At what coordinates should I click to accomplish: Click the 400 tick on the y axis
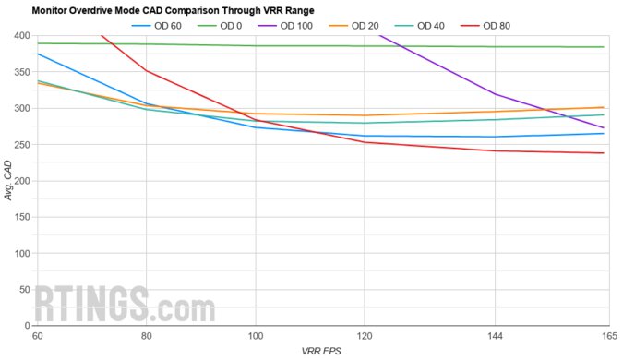click(20, 36)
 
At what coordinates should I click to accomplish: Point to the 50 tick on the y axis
click(23, 290)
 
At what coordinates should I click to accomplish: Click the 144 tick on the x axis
click(497, 336)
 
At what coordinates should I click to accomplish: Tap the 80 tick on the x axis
click(147, 336)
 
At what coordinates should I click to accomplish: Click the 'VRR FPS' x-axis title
click(321, 352)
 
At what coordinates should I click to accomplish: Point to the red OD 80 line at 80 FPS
click(147, 71)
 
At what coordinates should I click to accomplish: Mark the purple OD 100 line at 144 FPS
click(497, 94)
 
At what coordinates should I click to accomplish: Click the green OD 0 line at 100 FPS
click(256, 46)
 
